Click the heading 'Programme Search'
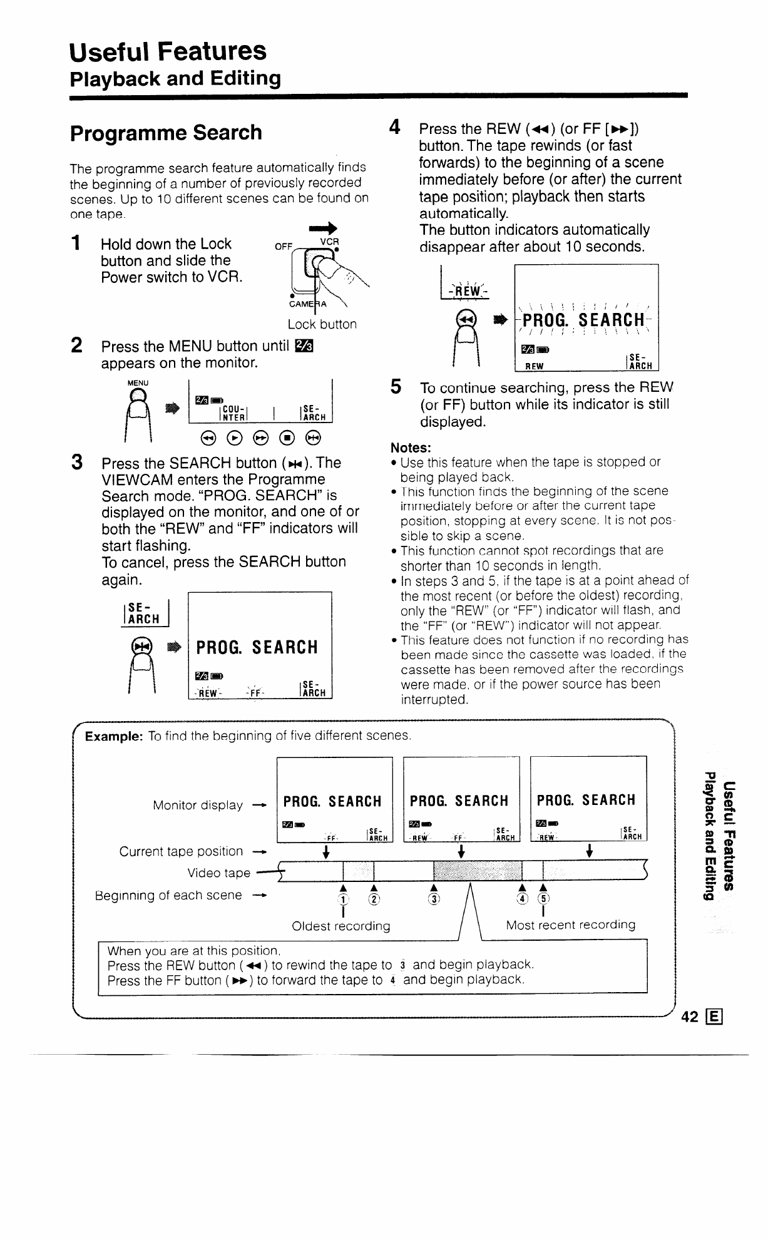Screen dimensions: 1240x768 click(166, 133)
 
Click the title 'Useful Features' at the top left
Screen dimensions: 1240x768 click(168, 51)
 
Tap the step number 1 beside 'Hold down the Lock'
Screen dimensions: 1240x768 click(76, 243)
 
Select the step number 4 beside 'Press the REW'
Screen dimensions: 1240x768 click(394, 128)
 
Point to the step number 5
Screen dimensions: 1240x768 click(396, 387)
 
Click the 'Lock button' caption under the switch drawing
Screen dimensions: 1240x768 click(322, 324)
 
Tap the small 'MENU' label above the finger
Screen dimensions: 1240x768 click(138, 382)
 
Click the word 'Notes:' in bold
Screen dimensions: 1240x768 click(411, 448)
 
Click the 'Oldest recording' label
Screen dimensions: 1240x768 click(341, 925)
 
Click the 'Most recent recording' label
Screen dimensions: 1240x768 click(570, 925)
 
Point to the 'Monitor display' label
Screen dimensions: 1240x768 click(198, 805)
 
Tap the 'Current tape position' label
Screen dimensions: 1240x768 click(182, 851)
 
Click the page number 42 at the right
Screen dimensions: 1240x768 click(689, 1017)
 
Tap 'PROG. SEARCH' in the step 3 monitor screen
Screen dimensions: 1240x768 click(257, 647)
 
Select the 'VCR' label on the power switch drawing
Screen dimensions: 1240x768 click(329, 242)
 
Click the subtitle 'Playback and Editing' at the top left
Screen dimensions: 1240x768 click(175, 79)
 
